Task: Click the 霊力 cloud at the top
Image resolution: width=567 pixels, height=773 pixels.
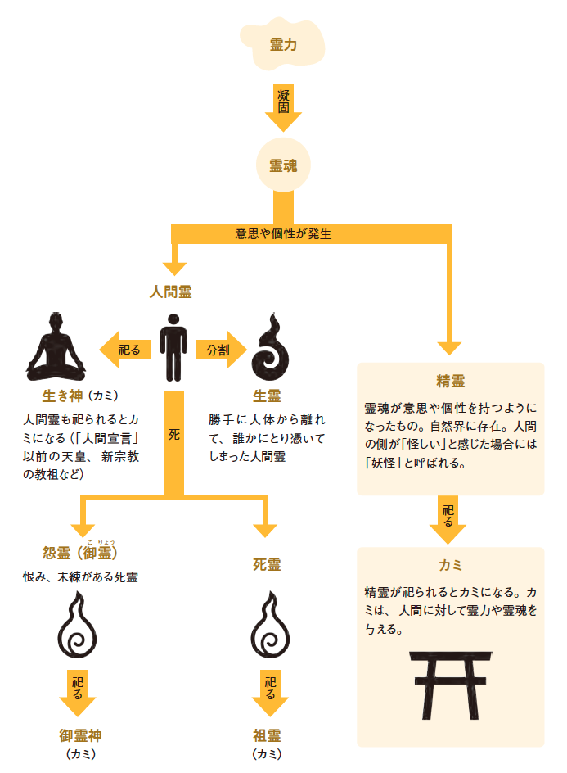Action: tap(283, 44)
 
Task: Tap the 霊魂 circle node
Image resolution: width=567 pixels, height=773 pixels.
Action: tap(283, 165)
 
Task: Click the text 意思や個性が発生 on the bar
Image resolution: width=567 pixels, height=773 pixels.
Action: tap(283, 233)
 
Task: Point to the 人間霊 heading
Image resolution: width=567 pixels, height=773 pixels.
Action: tap(171, 291)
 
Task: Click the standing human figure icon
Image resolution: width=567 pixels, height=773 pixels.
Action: tap(173, 347)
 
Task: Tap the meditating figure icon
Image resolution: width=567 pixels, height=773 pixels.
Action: tap(56, 347)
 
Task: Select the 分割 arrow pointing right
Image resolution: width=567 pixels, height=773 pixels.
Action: tap(219, 350)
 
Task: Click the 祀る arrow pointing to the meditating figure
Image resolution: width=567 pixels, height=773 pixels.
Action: tap(125, 350)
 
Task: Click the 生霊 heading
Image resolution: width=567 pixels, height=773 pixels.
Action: tap(267, 396)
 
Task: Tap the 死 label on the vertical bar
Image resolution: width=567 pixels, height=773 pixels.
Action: tap(173, 435)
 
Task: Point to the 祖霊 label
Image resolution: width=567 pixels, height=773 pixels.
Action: tap(268, 735)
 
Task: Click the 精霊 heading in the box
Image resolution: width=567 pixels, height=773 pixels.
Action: tap(450, 382)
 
